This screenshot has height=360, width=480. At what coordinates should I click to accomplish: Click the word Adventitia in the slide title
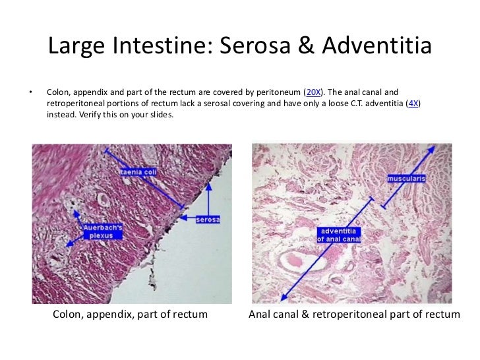tap(373, 46)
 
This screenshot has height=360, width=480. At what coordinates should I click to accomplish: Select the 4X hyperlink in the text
tap(414, 103)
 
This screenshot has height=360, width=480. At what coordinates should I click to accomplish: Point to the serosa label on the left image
tap(208, 219)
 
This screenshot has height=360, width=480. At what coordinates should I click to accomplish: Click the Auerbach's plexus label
tap(98, 232)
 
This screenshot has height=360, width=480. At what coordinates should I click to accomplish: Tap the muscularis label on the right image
tap(406, 178)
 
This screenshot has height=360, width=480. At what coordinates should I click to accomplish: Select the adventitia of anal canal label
tap(339, 235)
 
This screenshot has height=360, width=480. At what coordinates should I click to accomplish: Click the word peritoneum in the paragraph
tap(278, 92)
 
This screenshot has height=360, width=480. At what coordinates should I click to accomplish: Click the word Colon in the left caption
tap(67, 315)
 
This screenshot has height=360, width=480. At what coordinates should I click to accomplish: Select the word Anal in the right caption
tap(258, 315)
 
